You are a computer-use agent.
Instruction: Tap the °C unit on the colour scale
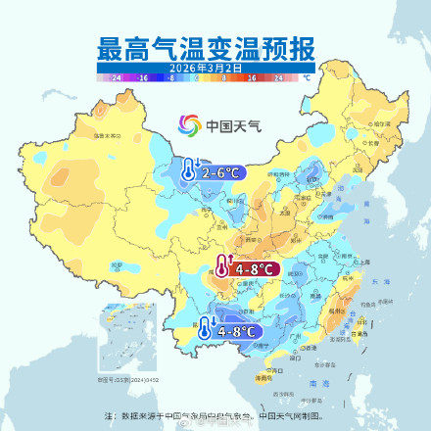[x=307, y=75]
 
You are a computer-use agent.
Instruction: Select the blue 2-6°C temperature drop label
[x=224, y=172]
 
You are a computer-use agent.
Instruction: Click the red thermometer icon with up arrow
[x=222, y=266]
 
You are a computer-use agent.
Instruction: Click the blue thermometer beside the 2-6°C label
[x=189, y=168]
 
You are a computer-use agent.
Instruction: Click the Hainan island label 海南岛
[x=263, y=377]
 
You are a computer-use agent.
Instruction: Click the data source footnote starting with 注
[x=215, y=414]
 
